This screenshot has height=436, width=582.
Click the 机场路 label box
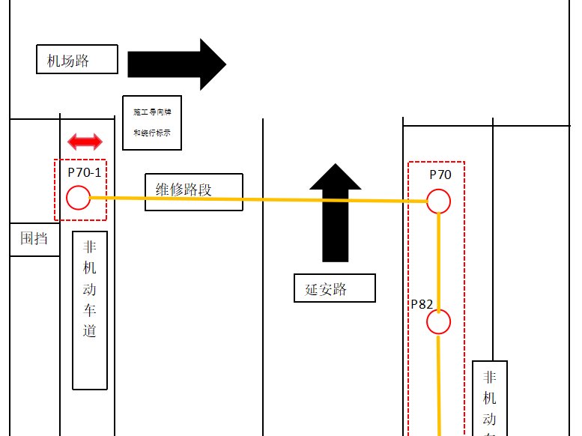(x=77, y=59)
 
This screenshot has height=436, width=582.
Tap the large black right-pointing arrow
(x=176, y=64)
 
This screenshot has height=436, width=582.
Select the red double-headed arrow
(x=85, y=142)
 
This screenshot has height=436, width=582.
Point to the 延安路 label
(x=335, y=288)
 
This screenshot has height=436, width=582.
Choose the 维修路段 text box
(x=193, y=192)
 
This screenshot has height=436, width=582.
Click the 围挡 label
(x=34, y=239)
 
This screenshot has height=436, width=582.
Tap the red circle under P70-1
(x=78, y=198)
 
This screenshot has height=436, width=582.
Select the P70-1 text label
(x=84, y=172)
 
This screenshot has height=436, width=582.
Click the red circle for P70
(x=438, y=202)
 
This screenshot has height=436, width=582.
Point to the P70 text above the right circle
(x=440, y=175)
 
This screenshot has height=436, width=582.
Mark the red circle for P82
(x=438, y=322)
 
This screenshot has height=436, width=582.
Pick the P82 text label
(x=422, y=304)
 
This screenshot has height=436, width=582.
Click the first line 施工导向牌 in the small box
(x=152, y=112)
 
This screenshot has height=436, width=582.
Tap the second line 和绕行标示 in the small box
(x=152, y=133)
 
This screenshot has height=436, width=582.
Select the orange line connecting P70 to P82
(x=439, y=262)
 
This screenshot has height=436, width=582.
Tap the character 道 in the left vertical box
(x=90, y=330)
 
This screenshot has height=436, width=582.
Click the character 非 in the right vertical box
(x=489, y=378)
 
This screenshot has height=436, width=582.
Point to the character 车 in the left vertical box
(x=90, y=309)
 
